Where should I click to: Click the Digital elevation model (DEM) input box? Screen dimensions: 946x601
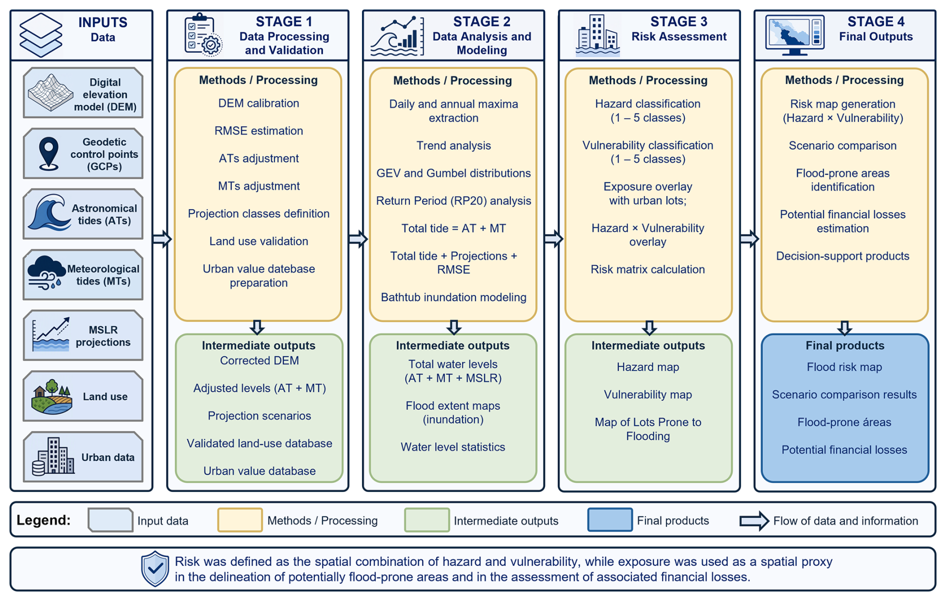tap(83, 93)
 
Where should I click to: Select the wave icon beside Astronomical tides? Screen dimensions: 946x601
tap(48, 212)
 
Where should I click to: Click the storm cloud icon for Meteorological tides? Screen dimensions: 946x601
tap(46, 273)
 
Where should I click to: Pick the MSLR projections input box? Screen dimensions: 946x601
tap(83, 335)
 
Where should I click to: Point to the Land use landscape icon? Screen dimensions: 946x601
tap(51, 397)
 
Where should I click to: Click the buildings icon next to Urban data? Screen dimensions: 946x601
tap(53, 456)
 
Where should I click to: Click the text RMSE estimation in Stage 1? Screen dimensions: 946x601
tap(258, 131)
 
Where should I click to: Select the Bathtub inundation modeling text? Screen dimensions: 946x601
tap(453, 297)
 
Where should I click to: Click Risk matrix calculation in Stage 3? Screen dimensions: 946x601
tap(647, 269)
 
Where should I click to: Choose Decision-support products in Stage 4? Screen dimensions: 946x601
tap(842, 256)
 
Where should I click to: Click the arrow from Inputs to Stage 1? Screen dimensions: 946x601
tap(162, 239)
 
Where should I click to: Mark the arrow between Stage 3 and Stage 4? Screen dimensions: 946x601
tap(749, 239)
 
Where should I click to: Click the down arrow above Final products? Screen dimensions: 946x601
tap(844, 328)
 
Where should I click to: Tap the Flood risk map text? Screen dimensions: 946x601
tap(844, 367)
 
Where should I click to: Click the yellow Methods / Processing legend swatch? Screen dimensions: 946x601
tap(239, 520)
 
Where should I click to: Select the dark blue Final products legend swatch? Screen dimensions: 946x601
tap(609, 520)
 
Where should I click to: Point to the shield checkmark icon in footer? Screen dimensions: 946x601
tap(155, 568)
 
